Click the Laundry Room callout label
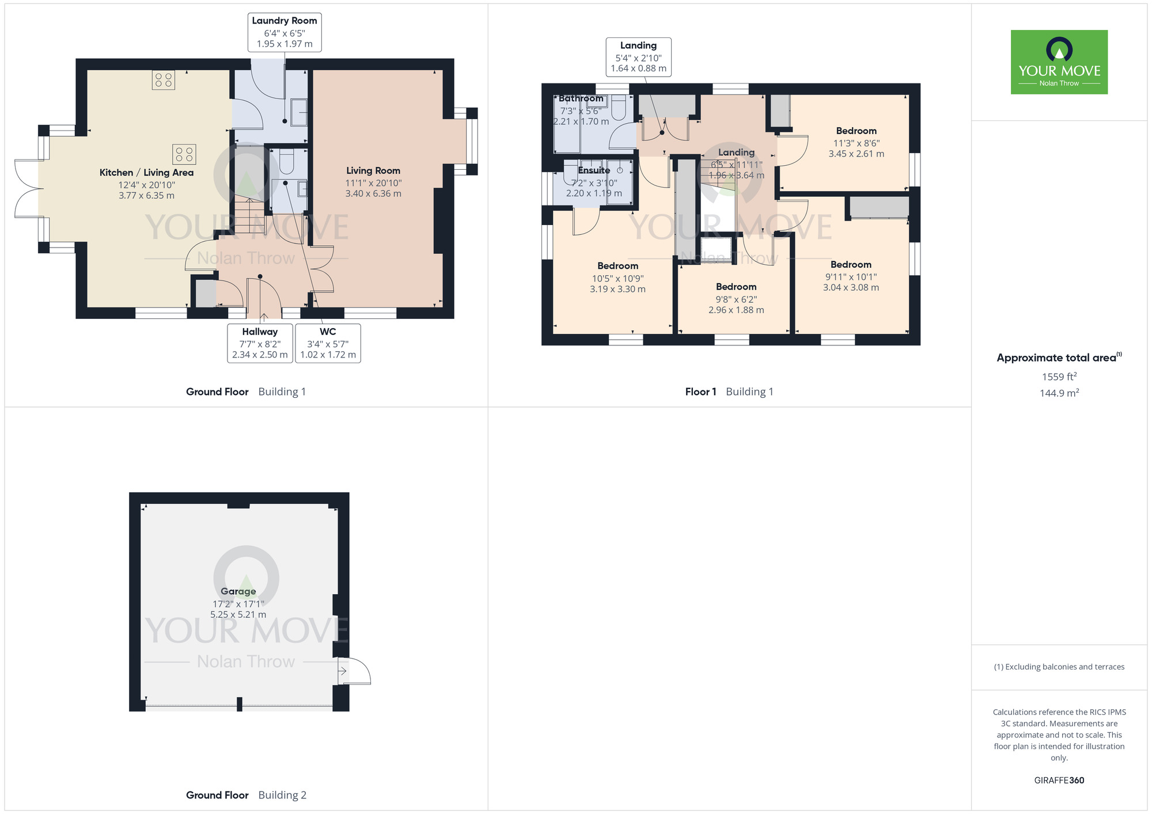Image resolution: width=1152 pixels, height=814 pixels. click(x=285, y=32)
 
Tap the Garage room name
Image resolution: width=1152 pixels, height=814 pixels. click(x=238, y=591)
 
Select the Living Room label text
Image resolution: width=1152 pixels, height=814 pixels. click(x=373, y=171)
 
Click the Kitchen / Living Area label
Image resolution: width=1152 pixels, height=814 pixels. click(x=146, y=173)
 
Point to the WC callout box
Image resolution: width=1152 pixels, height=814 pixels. click(x=328, y=343)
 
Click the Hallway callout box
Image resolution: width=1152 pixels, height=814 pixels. click(x=260, y=343)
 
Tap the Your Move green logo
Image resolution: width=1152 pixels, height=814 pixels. click(x=1059, y=62)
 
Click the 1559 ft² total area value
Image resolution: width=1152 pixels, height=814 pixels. click(x=1059, y=377)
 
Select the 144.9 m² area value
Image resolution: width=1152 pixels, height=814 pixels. click(x=1059, y=393)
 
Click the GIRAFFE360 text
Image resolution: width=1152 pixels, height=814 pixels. click(x=1059, y=781)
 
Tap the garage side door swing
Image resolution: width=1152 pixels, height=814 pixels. click(x=355, y=671)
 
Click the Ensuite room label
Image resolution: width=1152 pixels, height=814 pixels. click(x=594, y=170)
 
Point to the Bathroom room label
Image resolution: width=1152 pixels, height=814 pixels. click(x=581, y=99)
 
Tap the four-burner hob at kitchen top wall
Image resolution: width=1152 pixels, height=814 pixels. click(x=164, y=80)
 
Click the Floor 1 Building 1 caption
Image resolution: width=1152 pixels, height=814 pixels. click(x=729, y=392)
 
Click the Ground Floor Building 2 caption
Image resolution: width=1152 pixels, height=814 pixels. click(x=246, y=796)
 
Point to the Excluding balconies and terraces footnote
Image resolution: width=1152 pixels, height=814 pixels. click(x=1059, y=667)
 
